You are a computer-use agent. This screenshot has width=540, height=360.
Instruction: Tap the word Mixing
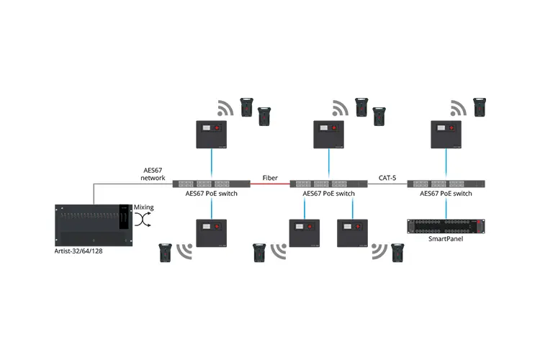(x=144, y=207)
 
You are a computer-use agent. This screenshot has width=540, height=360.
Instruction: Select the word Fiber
(x=269, y=176)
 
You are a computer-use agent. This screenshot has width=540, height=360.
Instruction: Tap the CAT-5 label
(x=388, y=176)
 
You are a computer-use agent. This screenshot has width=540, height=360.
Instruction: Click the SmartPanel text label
(x=446, y=238)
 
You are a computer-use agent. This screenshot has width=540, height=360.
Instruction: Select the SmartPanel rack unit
(x=446, y=225)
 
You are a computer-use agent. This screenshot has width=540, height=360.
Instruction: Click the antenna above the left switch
(x=211, y=134)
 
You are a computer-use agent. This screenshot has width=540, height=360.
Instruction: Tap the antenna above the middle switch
(x=328, y=134)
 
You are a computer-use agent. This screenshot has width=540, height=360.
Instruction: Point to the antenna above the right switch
(x=446, y=134)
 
